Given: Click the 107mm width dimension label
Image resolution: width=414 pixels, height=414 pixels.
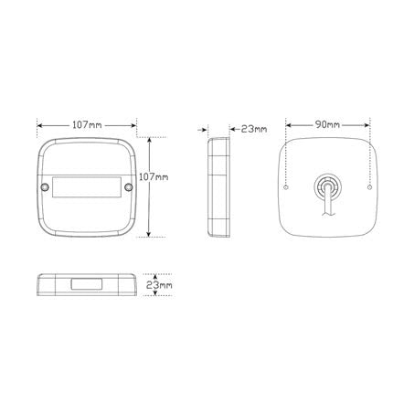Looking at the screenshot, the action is point(87,125).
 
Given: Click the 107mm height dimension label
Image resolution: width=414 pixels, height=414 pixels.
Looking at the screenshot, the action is point(154,177).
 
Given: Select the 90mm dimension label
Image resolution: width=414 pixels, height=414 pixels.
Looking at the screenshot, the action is point(327,124).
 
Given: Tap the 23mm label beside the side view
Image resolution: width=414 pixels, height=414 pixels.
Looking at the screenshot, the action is point(254,129).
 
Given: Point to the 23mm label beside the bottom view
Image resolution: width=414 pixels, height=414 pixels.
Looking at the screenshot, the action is point(159,285).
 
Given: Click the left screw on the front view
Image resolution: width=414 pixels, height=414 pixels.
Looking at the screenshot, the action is point(45,186).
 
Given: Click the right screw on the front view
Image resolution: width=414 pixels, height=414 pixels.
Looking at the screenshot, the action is point(129,186).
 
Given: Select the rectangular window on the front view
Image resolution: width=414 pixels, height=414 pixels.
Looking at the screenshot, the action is point(87,187).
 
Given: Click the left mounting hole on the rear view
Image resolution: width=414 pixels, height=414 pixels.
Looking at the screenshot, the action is point(285,187).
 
